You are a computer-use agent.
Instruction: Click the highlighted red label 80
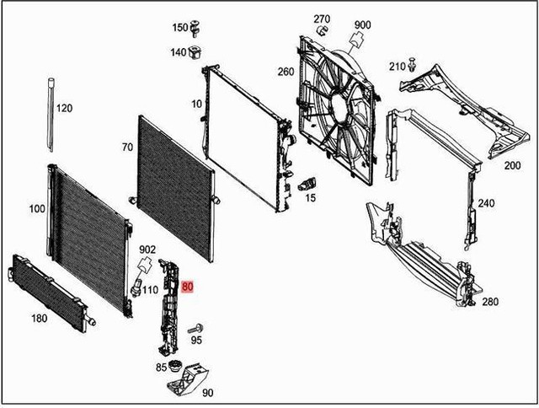point(188,287)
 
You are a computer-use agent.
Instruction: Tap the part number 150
point(180,27)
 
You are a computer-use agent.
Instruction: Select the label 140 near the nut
point(179,52)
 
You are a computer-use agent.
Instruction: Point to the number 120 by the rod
point(64,109)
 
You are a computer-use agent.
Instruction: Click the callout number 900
point(362,24)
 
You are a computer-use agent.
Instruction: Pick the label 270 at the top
point(322,19)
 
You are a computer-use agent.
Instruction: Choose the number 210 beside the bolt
point(398,66)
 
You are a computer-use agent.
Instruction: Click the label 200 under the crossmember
point(512,166)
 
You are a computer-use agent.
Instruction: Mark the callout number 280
point(490,301)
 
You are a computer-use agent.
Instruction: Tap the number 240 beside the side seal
point(486,203)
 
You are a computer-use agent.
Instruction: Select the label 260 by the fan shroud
point(286,72)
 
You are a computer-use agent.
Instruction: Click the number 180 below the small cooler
point(39,318)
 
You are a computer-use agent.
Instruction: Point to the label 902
point(147,250)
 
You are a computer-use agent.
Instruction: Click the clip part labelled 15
point(309,183)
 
